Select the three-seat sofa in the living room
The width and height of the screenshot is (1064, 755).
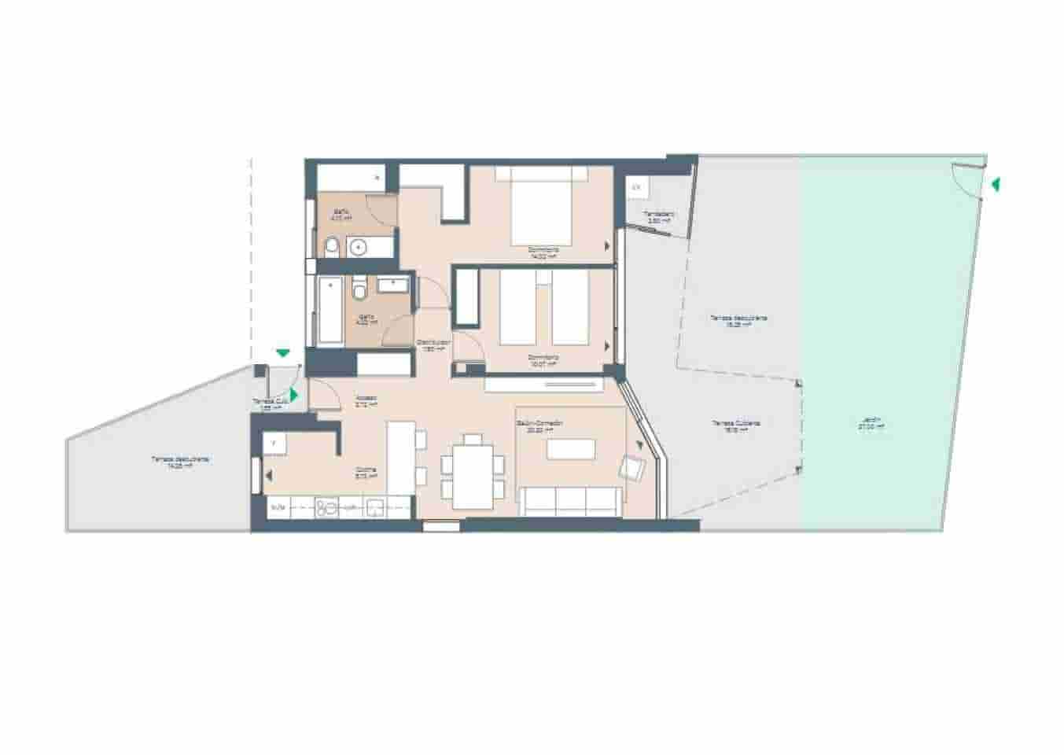570,501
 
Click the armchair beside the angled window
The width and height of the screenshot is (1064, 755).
632,469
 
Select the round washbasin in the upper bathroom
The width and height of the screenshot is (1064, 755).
359,248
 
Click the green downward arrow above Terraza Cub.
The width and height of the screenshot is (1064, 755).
282,354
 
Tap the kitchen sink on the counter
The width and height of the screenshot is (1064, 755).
376,507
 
